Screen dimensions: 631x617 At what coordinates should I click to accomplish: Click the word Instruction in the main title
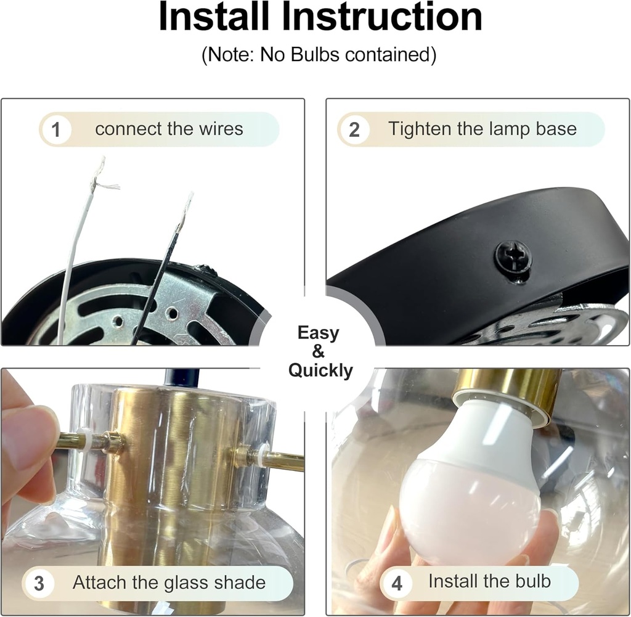click(382, 17)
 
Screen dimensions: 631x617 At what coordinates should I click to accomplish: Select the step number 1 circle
click(56, 130)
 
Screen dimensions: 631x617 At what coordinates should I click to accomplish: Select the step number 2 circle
click(354, 130)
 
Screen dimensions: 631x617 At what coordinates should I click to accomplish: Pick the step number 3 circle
click(39, 583)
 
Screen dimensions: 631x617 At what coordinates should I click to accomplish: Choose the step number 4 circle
click(397, 583)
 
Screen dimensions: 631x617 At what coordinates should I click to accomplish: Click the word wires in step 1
click(221, 129)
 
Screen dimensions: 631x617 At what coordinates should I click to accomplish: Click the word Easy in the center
click(319, 333)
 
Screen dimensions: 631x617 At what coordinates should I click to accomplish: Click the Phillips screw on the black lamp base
click(513, 258)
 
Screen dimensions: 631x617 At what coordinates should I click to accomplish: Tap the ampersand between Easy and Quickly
click(318, 352)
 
